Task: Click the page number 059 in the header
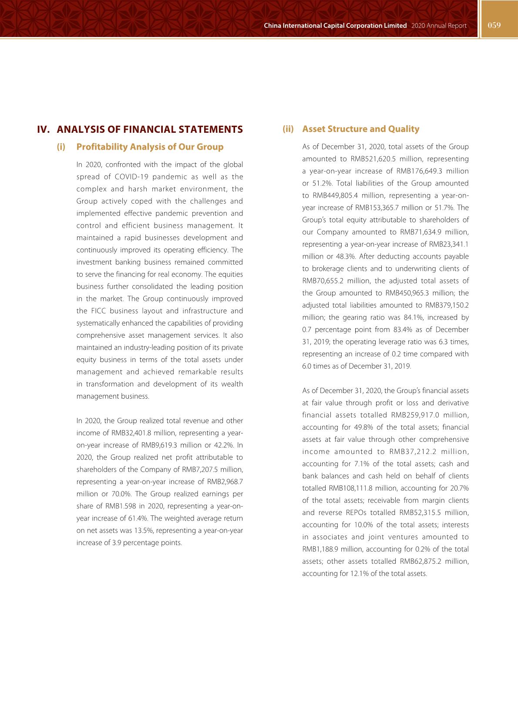pyautogui.click(x=494, y=25)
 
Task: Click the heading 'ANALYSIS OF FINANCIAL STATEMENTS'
pyautogui.click(x=150, y=129)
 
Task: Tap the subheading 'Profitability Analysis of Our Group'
pyautogui.click(x=150, y=147)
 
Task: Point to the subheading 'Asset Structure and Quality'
pyautogui.click(x=360, y=129)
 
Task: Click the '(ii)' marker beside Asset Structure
pyautogui.click(x=288, y=129)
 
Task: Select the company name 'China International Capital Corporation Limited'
pyautogui.click(x=335, y=26)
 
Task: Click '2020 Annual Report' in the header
pyautogui.click(x=438, y=26)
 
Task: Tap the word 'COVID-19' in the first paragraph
pyautogui.click(x=131, y=177)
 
